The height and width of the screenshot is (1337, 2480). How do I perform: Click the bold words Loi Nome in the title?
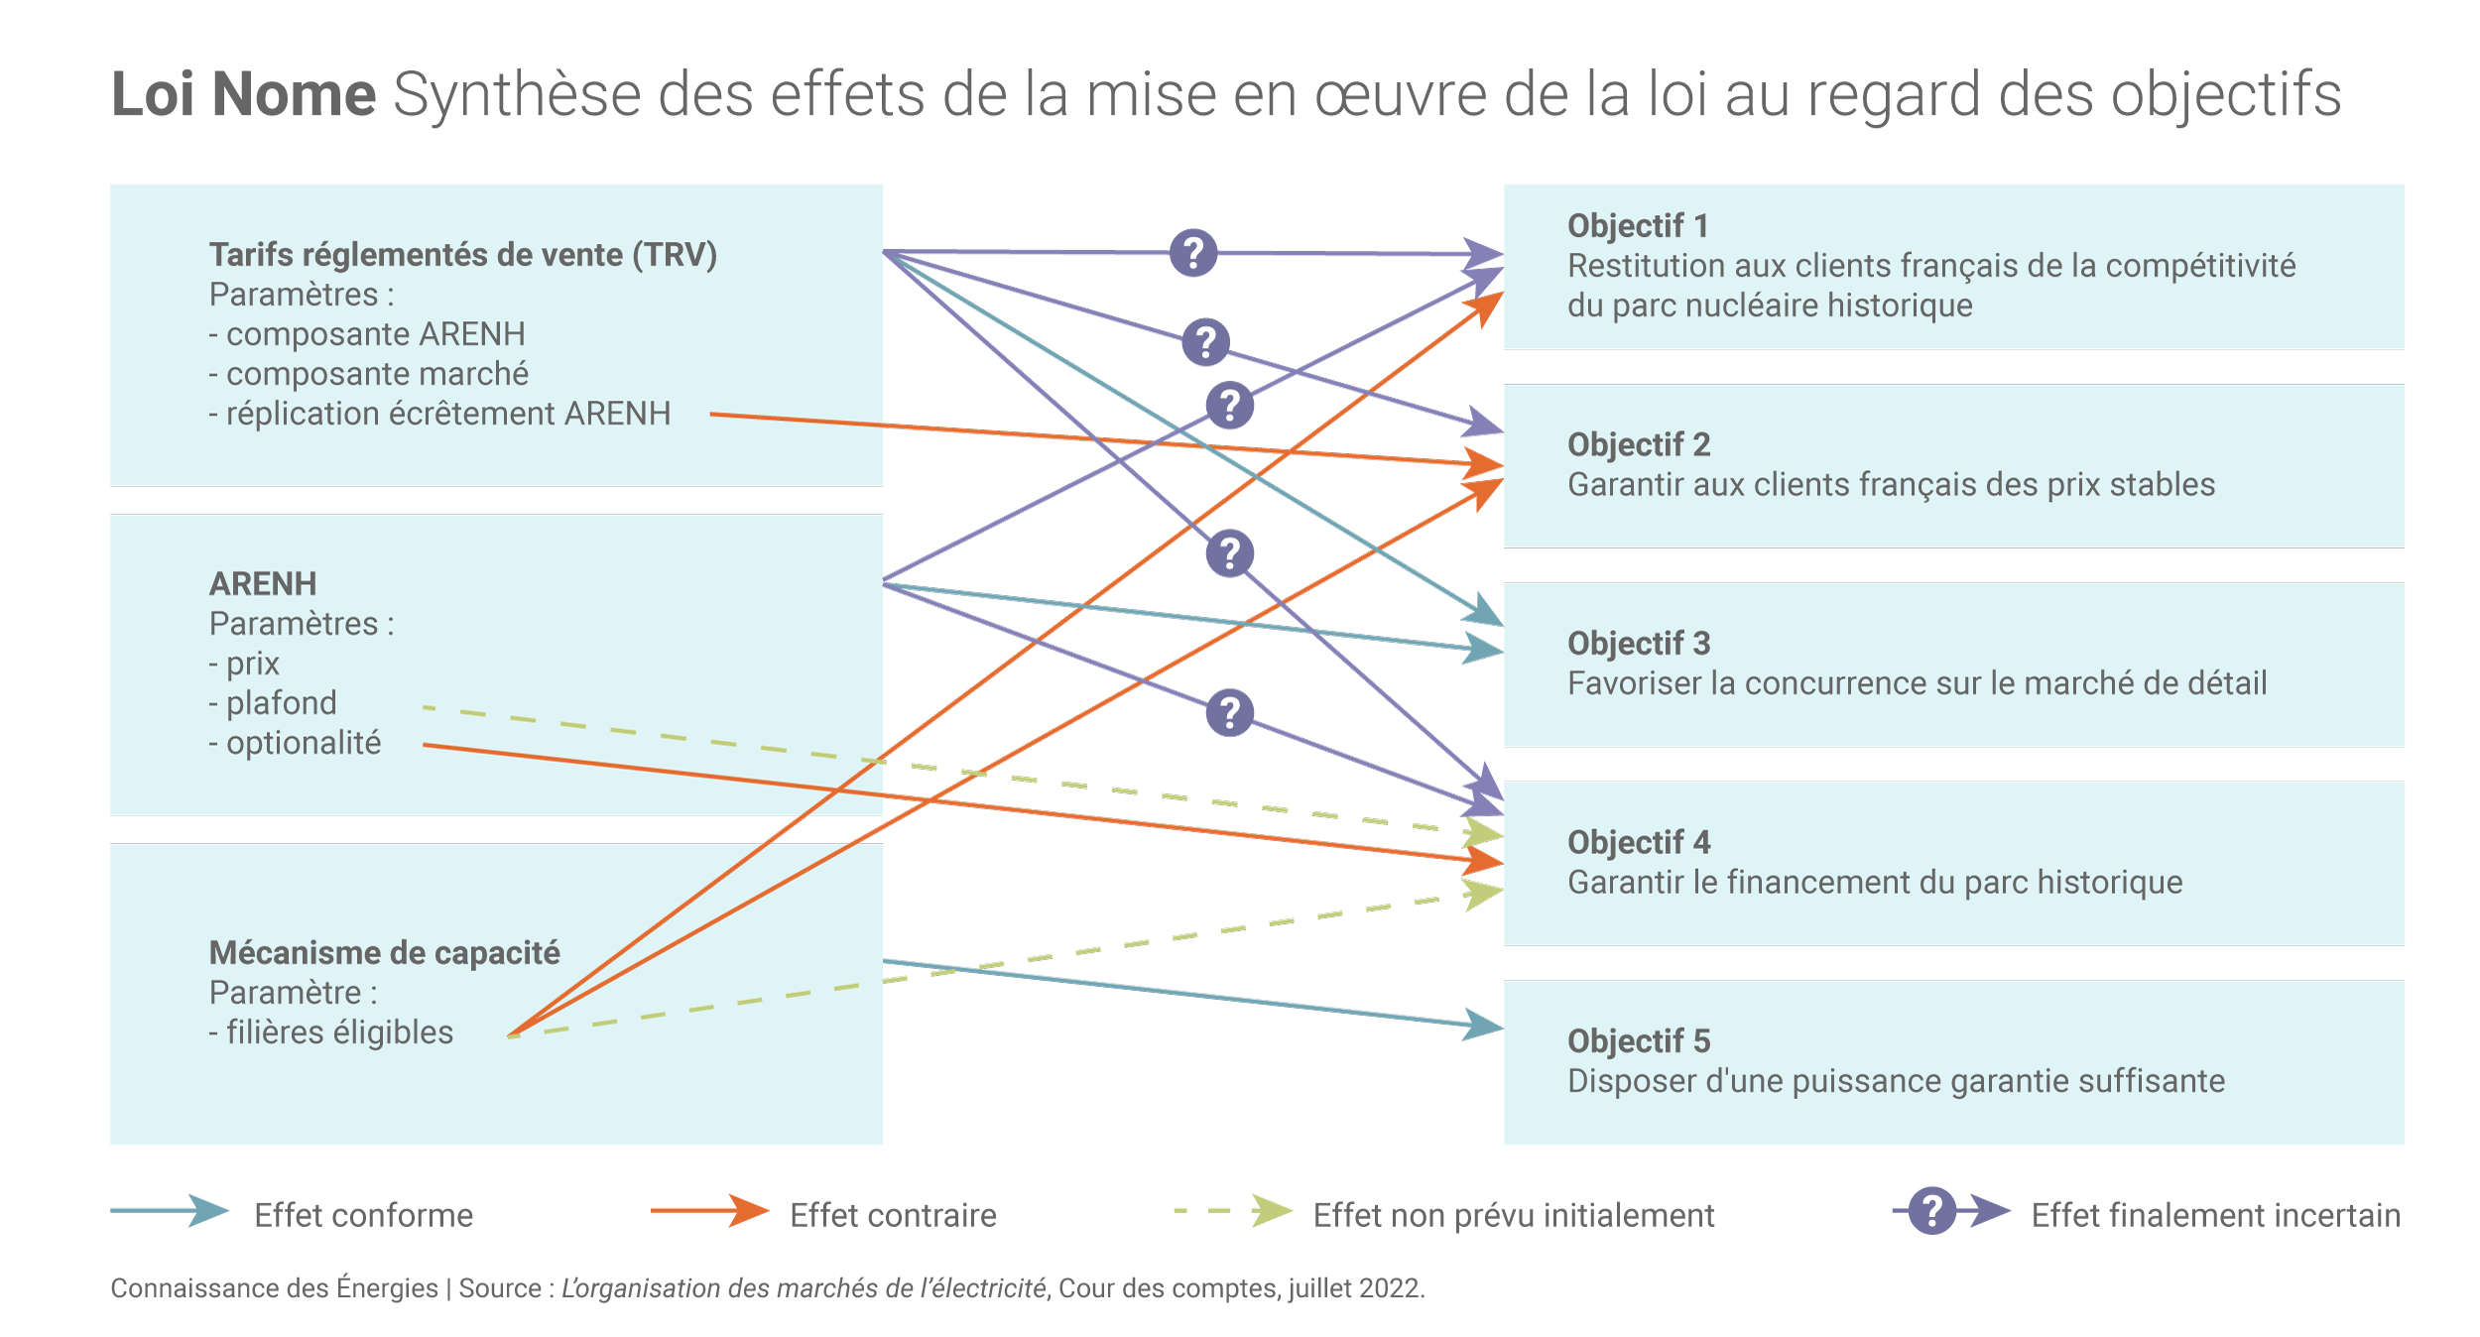[243, 94]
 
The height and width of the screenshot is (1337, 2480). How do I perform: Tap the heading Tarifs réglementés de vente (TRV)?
[462, 255]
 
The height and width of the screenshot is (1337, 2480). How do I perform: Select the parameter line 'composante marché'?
[377, 374]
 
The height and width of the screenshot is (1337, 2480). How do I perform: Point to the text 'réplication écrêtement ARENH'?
[448, 414]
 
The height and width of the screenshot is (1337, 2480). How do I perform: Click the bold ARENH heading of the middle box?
[263, 584]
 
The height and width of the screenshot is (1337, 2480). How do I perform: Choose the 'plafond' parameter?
[282, 703]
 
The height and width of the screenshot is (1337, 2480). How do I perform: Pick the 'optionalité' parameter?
[304, 743]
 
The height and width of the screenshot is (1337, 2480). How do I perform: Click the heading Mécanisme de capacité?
[385, 953]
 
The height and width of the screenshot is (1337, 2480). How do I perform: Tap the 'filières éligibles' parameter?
[339, 1033]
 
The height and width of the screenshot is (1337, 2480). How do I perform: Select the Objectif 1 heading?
[1638, 226]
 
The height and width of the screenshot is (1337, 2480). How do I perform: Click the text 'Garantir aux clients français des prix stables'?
[1891, 485]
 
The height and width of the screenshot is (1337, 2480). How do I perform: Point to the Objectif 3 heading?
[1639, 644]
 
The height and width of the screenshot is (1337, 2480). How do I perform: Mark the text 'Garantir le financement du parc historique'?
[1875, 883]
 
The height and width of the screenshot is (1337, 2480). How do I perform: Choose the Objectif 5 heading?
[1639, 1041]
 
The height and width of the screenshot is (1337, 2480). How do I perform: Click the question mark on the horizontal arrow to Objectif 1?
[1193, 253]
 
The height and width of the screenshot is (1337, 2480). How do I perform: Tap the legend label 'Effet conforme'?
[363, 1216]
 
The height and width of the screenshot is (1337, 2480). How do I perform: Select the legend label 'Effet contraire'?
[893, 1216]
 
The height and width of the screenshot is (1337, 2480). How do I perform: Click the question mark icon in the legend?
[1931, 1211]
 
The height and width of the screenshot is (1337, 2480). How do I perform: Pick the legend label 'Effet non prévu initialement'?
[1514, 1216]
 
